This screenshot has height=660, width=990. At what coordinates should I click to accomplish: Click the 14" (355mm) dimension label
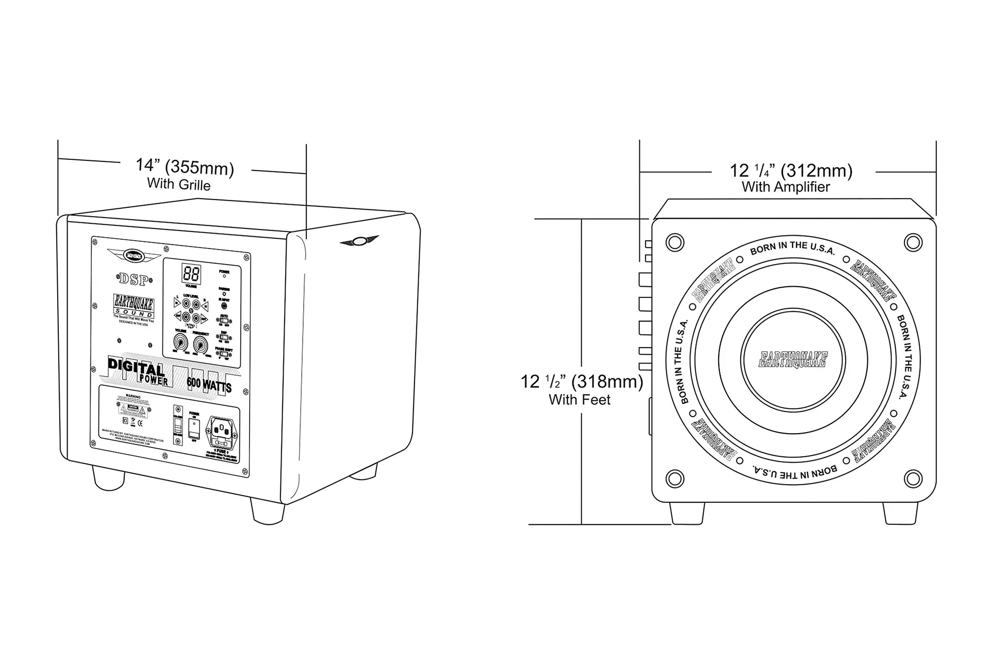pos(185,167)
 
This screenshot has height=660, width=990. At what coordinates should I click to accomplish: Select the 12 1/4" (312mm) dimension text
pos(790,170)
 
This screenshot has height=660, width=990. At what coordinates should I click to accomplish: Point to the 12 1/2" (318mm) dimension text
pos(582,382)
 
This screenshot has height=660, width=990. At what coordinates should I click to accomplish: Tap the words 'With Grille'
pos(179,184)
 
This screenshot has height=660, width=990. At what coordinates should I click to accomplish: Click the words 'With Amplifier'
pos(786,187)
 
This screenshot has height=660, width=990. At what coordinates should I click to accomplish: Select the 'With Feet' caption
pos(580,400)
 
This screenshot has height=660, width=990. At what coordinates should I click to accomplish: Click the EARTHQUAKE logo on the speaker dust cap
pos(793,359)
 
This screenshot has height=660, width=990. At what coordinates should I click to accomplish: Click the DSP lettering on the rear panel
pos(134,279)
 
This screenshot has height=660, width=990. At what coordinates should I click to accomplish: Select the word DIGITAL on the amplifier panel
pos(136,367)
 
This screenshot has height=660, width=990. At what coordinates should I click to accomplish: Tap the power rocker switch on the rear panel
pos(194,427)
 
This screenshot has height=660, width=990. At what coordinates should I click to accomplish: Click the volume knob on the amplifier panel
pos(181,341)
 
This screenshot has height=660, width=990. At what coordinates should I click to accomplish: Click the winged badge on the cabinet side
pos(359,241)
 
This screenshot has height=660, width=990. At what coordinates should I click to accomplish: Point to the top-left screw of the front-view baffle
pos(674,242)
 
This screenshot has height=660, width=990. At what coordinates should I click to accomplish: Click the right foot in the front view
pos(900,513)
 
